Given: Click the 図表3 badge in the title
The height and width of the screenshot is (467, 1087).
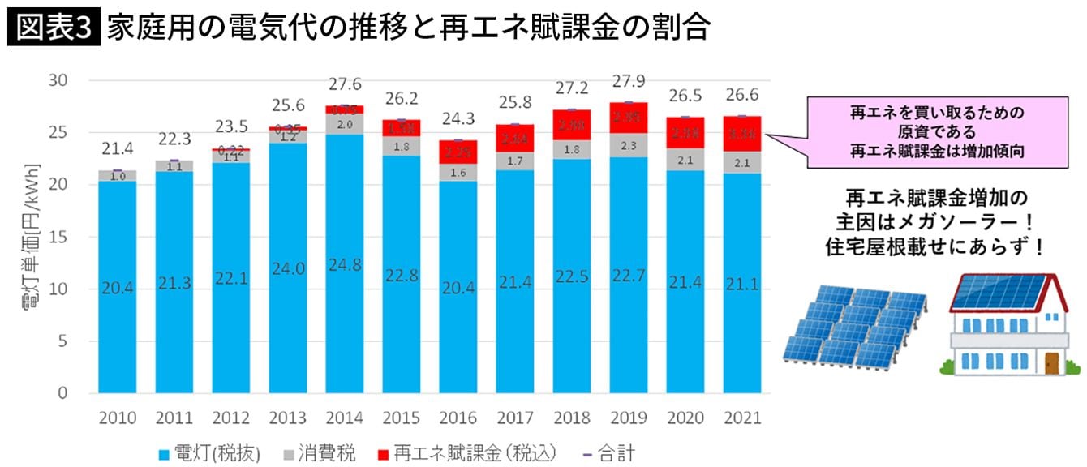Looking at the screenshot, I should (x=54, y=26).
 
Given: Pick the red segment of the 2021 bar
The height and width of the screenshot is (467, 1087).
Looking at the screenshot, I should (x=743, y=134).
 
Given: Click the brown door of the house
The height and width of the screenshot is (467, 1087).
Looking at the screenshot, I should (x=1052, y=362).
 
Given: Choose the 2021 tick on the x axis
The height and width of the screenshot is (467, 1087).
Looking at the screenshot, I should (x=743, y=418).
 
